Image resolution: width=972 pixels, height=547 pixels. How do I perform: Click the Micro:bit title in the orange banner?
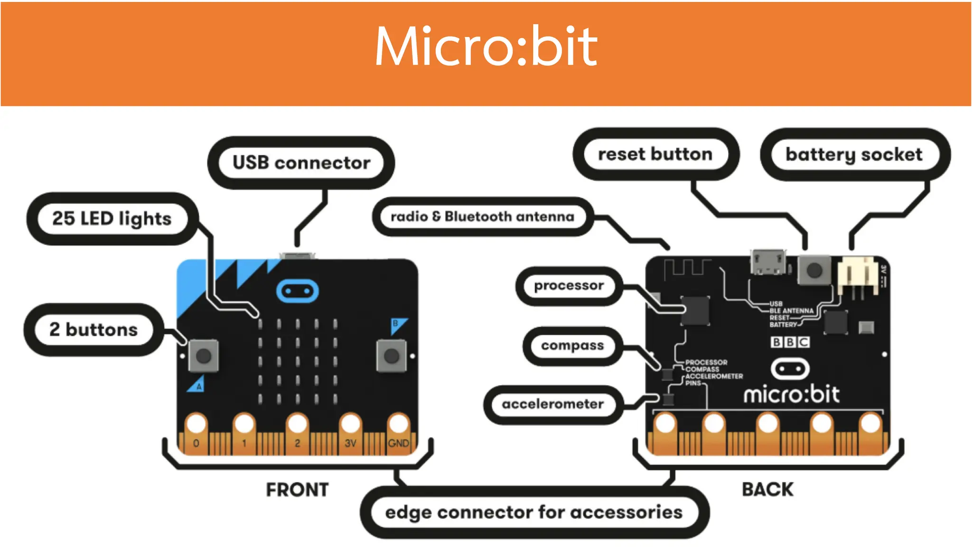pyautogui.click(x=486, y=47)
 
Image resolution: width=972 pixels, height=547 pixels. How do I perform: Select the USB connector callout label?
pyautogui.click(x=301, y=162)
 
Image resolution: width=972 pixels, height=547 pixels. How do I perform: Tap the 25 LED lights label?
pyautogui.click(x=112, y=218)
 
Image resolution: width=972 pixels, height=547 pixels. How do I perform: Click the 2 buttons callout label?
pyautogui.click(x=93, y=330)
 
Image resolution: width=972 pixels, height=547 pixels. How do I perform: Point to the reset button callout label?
pyautogui.click(x=655, y=154)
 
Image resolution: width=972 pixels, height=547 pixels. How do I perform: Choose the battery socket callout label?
pyautogui.click(x=854, y=154)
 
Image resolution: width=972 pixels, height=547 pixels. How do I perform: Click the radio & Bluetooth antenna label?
pyautogui.click(x=482, y=217)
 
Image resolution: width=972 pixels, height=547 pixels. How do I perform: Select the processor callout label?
pyautogui.click(x=569, y=285)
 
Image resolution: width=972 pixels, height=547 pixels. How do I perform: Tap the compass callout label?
pyautogui.click(x=572, y=345)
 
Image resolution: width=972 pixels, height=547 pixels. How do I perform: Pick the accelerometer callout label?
pyautogui.click(x=552, y=404)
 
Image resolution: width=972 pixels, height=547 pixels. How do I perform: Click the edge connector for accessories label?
pyautogui.click(x=533, y=512)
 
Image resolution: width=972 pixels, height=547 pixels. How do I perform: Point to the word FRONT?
pyautogui.click(x=297, y=490)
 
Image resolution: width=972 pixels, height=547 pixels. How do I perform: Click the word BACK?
pyautogui.click(x=767, y=489)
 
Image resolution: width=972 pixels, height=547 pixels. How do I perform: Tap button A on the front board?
pyautogui.click(x=204, y=356)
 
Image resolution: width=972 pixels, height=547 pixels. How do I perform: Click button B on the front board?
pyautogui.click(x=391, y=356)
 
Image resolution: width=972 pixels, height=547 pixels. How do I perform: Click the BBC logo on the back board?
pyautogui.click(x=790, y=342)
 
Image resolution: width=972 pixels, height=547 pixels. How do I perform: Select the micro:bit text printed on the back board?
pyautogui.click(x=791, y=395)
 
